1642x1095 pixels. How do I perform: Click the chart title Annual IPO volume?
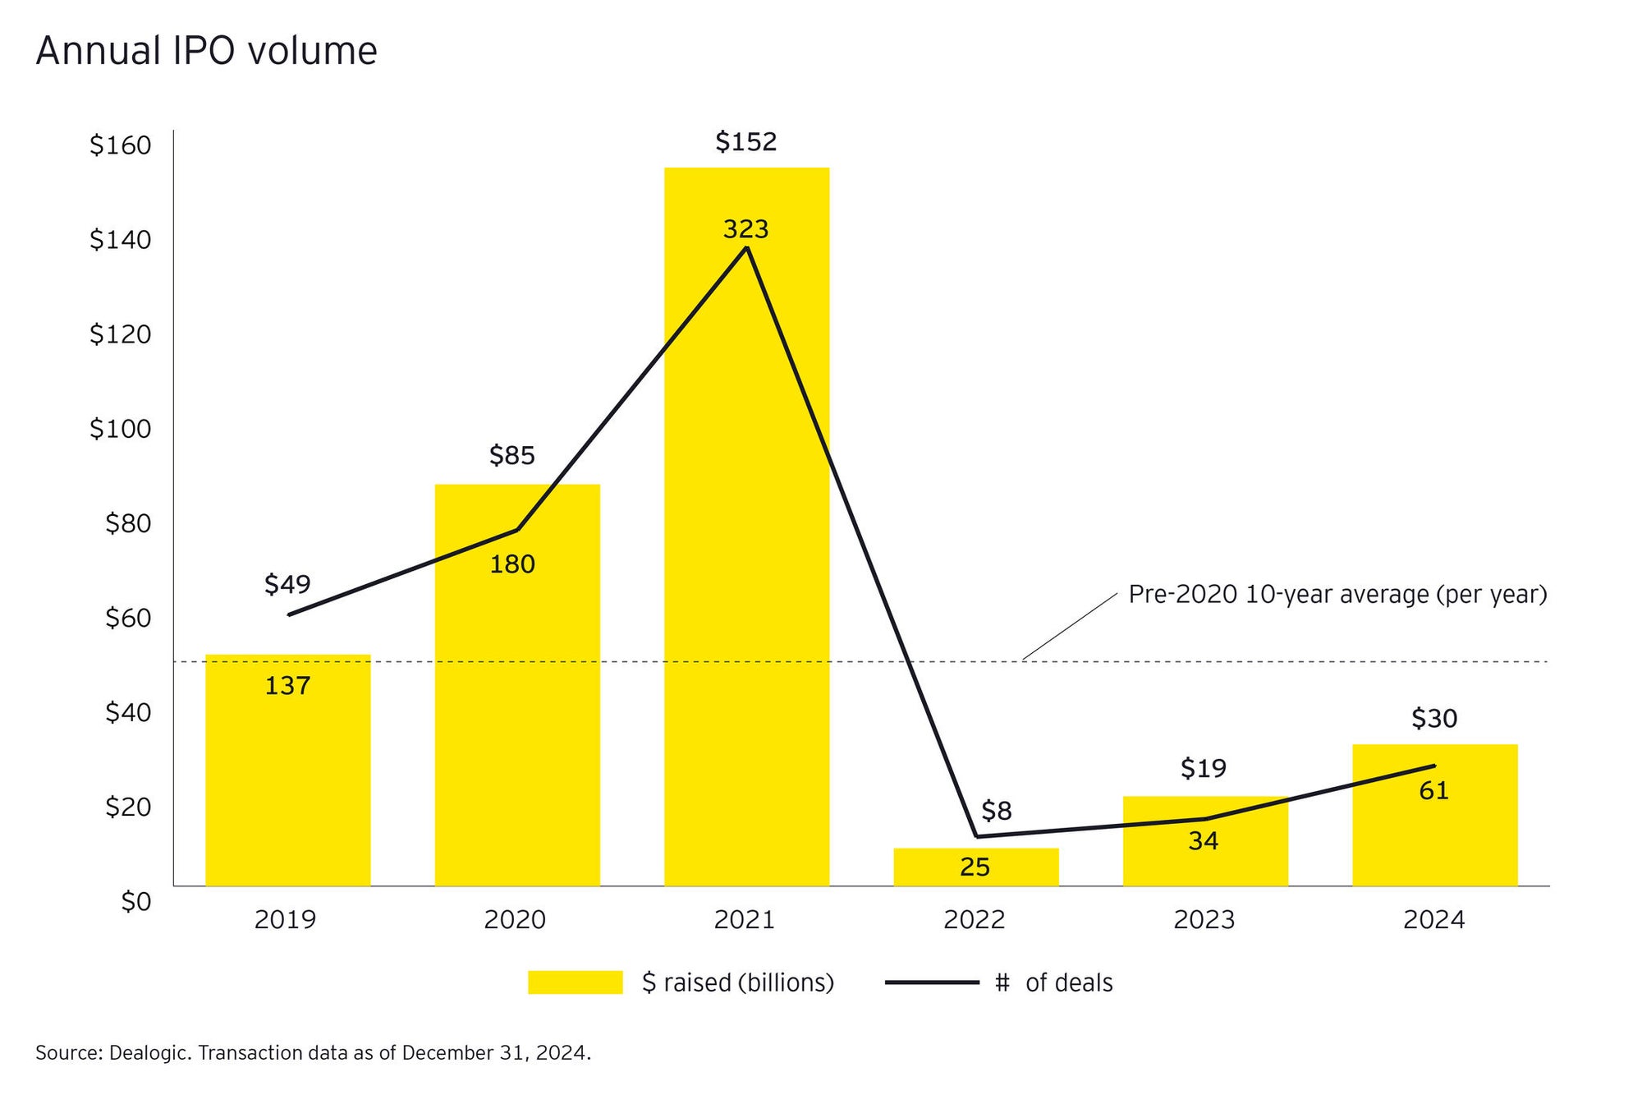(206, 51)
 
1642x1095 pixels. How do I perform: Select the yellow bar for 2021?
(746, 575)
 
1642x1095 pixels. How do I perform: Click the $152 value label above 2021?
(745, 142)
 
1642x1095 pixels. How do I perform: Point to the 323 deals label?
(745, 229)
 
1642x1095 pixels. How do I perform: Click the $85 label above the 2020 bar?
(511, 455)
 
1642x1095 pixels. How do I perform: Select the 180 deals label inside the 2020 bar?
(511, 564)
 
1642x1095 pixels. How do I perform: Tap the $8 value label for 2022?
(996, 812)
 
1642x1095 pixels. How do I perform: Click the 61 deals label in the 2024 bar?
(1433, 791)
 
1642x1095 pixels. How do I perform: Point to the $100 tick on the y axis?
(120, 429)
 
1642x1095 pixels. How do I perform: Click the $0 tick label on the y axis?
(135, 902)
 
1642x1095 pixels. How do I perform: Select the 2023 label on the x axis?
(1204, 919)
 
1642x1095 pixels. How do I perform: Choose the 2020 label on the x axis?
(515, 919)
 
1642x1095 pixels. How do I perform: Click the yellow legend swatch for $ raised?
(575, 982)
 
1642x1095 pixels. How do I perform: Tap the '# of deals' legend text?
(1053, 982)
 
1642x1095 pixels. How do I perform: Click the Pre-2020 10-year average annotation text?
(1337, 595)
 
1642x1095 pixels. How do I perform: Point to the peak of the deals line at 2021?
(746, 247)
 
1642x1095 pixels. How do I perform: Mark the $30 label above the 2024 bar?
(1433, 719)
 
